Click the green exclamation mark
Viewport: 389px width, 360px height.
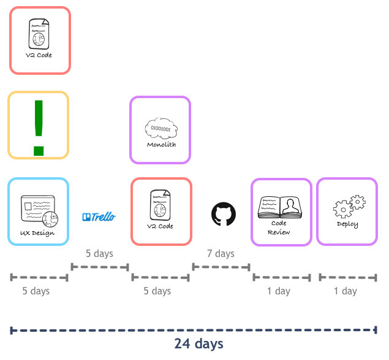point(39,128)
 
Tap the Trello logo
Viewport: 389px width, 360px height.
point(99,217)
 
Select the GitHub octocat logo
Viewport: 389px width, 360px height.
point(224,214)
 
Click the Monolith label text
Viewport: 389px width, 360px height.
point(161,145)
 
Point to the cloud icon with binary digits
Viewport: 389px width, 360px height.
point(161,128)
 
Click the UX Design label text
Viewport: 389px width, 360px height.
point(37,233)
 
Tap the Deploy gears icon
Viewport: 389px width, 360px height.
point(349,207)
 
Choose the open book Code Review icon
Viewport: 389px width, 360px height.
point(280,207)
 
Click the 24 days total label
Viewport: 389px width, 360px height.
point(198,344)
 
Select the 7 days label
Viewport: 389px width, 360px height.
point(221,254)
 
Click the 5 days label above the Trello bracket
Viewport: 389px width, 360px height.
point(99,254)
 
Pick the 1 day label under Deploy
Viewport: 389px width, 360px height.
point(346,291)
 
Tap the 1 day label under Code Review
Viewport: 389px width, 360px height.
point(279,291)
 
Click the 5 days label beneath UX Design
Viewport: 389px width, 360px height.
point(36,291)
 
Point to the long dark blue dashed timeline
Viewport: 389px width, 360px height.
point(194,330)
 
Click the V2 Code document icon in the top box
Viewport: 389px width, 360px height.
point(39,34)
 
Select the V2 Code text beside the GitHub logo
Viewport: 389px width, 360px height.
point(160,226)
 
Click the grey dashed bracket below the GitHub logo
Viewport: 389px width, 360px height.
point(221,267)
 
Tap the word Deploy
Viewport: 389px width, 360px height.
point(347,224)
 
